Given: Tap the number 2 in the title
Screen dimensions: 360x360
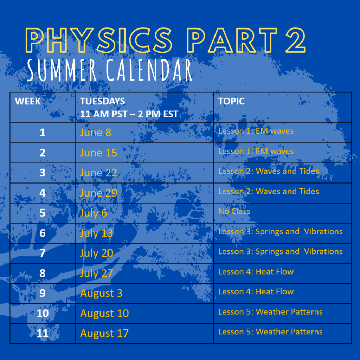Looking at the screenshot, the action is pos(295,40).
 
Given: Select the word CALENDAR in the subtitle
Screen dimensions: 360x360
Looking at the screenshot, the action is pos(149,70).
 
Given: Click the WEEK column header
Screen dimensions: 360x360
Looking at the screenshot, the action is pos(28,101).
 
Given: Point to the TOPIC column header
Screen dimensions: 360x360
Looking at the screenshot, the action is pos(231,101).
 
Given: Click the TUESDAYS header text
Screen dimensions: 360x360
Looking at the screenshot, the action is pos(103,101).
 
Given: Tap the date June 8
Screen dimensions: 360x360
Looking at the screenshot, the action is pos(96,133).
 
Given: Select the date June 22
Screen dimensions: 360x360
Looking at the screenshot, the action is pos(98,173).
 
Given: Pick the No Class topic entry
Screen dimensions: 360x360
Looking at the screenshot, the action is pos(234,211).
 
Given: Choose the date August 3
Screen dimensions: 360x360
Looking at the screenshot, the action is pos(101,294).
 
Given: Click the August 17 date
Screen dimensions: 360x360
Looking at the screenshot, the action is pos(104,334).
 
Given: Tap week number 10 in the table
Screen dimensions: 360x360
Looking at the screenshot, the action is pos(43,313).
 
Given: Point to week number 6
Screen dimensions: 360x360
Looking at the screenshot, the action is pos(43,233).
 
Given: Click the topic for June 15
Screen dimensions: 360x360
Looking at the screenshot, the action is pos(256,151).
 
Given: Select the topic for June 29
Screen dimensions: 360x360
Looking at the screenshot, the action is pos(269,191).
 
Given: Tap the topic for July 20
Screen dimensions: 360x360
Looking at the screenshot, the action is pos(281,251).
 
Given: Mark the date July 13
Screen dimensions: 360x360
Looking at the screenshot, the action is pos(96,233).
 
